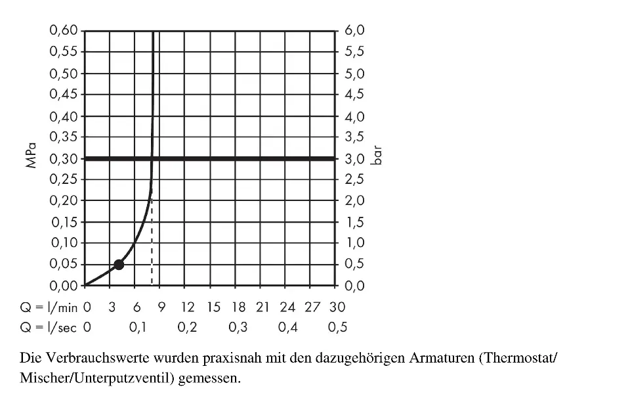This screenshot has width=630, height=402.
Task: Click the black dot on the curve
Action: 119,264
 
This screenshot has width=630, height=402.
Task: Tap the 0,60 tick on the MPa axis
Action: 64,30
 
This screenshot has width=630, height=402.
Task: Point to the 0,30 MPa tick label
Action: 64,158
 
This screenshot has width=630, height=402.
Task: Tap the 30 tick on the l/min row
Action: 337,307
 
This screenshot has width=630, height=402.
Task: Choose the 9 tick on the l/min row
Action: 160,307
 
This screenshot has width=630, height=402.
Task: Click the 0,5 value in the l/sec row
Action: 337,327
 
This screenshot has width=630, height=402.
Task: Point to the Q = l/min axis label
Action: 47,307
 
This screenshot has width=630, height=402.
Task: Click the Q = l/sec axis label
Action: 47,327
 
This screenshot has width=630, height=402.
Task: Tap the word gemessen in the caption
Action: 209,379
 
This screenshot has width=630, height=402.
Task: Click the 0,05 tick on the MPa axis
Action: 64,264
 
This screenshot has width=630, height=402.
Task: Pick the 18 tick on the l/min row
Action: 238,307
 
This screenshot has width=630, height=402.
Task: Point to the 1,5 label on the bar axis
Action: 354,222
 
